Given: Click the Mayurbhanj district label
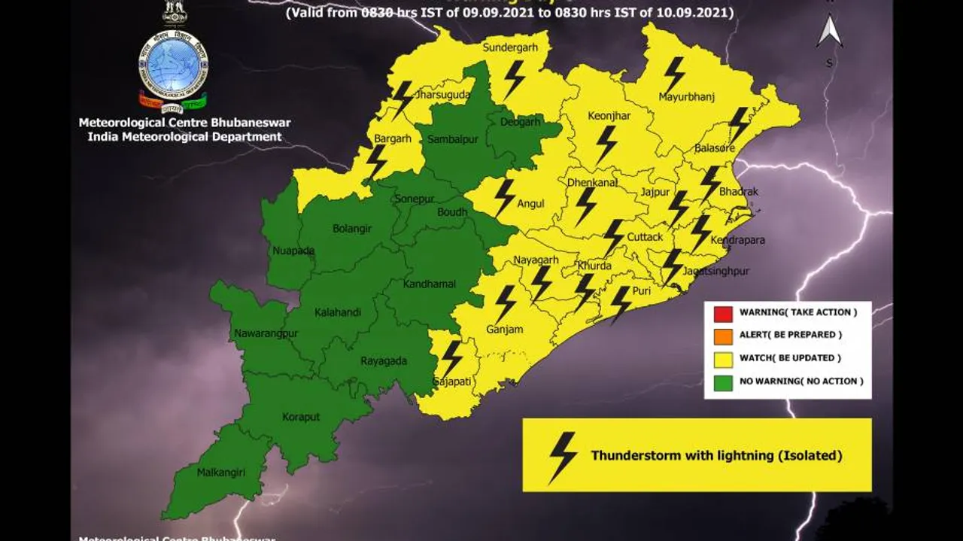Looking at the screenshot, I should click(x=685, y=97).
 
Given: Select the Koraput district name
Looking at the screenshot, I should click(x=301, y=417).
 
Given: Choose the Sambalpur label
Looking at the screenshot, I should click(x=452, y=139).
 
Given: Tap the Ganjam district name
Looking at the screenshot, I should click(x=504, y=330).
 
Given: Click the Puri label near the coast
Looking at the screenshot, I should click(x=642, y=290).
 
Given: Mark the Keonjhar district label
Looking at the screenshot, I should click(x=609, y=116).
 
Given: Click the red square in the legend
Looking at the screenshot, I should click(x=723, y=313).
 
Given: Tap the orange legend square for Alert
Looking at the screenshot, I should click(x=723, y=336).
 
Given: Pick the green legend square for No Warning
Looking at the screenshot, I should click(x=723, y=381).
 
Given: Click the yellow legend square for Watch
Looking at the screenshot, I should click(x=723, y=358).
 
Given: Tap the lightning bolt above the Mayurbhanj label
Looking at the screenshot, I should click(x=673, y=74).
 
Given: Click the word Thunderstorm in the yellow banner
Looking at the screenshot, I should click(x=636, y=455).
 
